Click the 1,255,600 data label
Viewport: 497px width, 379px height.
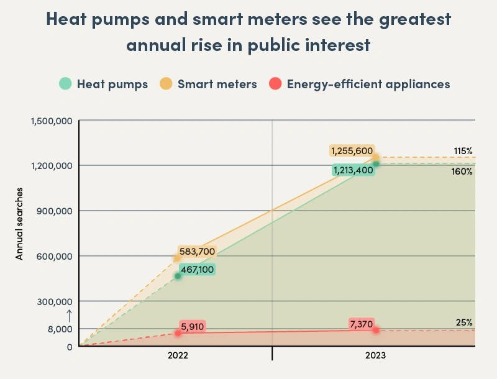click(x=352, y=151)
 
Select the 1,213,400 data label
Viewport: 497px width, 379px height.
click(x=353, y=170)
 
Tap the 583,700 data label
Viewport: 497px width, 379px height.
click(x=198, y=252)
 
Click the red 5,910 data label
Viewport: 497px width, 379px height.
click(x=193, y=326)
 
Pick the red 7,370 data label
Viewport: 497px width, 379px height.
click(x=360, y=324)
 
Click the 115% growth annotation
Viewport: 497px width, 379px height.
click(x=463, y=151)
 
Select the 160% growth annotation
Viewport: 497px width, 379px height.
click(x=462, y=171)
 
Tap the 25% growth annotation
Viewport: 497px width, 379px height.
click(x=464, y=322)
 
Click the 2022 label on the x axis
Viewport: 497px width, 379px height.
click(x=178, y=356)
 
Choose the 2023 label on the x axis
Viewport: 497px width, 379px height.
click(x=375, y=356)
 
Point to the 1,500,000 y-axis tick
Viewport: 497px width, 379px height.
click(x=51, y=121)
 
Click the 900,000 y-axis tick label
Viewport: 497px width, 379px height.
click(x=55, y=211)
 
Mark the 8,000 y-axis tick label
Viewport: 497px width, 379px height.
click(x=61, y=329)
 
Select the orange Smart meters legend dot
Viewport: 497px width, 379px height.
click(x=166, y=84)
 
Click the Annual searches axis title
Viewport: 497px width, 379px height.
click(x=19, y=223)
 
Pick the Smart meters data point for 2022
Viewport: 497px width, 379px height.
click(x=177, y=258)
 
